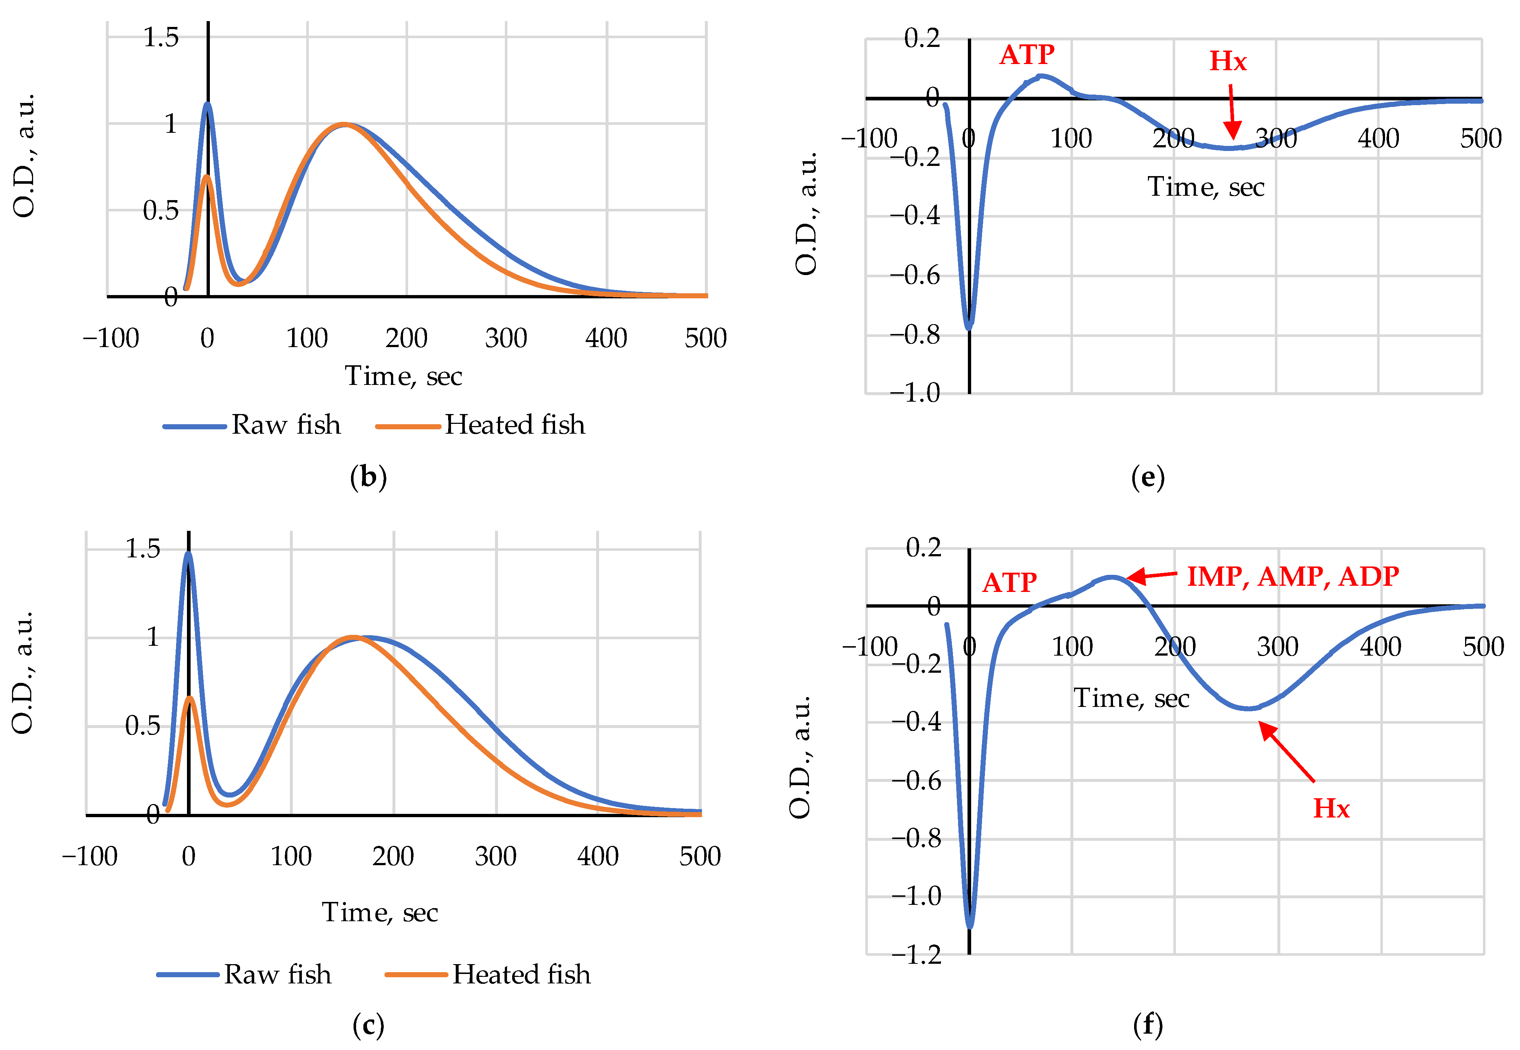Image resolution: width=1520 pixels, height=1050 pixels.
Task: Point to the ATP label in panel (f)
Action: click(x=1009, y=583)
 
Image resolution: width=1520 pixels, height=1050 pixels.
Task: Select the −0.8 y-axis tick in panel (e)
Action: click(x=914, y=335)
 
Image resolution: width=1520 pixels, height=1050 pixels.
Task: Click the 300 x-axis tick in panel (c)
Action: click(x=495, y=856)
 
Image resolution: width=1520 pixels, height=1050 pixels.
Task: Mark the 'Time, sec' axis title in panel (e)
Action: click(x=1206, y=187)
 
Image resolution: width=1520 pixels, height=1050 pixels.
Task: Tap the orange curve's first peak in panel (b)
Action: click(x=207, y=176)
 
